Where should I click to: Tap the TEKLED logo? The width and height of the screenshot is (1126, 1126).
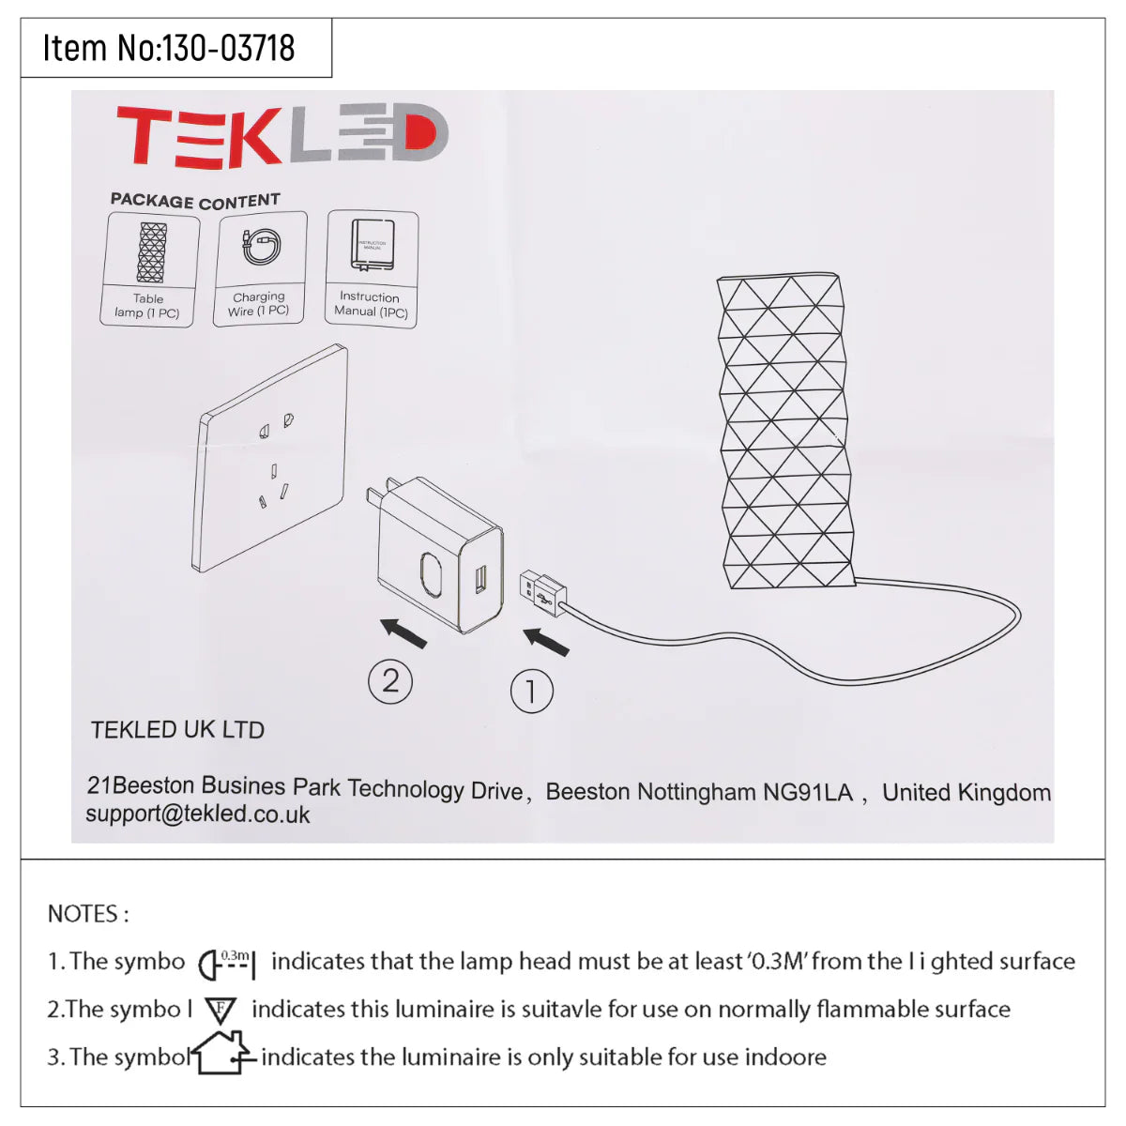[281, 136]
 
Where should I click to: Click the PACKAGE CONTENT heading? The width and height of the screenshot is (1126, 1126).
[195, 201]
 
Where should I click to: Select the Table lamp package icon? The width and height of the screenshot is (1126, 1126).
[150, 253]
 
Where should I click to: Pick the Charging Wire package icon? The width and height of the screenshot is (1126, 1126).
[261, 249]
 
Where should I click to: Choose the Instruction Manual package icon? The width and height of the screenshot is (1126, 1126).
[372, 247]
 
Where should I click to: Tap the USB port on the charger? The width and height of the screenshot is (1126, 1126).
[479, 579]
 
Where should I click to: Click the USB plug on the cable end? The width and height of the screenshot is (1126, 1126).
[543, 591]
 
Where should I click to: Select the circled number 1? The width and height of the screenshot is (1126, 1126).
[531, 692]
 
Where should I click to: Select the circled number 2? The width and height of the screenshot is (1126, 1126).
[390, 680]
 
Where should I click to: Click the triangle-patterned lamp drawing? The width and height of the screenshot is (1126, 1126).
[784, 432]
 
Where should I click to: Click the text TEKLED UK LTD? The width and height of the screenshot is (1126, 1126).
[177, 730]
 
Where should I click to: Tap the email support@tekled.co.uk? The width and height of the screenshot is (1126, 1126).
[197, 814]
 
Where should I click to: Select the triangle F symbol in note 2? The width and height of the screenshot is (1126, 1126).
[221, 1011]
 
